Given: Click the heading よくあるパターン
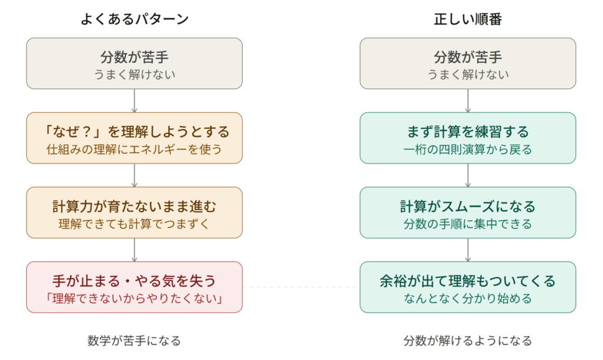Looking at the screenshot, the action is (x=135, y=19).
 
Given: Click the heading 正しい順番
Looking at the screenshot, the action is (x=468, y=19).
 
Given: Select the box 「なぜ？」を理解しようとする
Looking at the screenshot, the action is (x=134, y=138).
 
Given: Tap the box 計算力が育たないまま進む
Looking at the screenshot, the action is (x=134, y=213).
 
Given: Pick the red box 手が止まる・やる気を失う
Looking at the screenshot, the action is (x=134, y=288).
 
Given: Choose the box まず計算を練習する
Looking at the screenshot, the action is (x=468, y=138).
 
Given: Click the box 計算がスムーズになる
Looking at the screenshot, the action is (x=468, y=213).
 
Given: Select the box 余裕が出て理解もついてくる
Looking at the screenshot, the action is (x=468, y=288).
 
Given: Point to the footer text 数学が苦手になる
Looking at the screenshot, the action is (x=134, y=341).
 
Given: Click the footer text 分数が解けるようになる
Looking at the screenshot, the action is (x=468, y=341).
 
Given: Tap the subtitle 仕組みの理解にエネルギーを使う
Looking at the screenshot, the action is (x=134, y=149).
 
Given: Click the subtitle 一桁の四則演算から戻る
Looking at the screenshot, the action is (x=468, y=149).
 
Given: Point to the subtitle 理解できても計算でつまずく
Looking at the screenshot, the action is (x=134, y=224).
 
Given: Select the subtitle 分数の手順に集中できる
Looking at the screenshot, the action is (x=468, y=224).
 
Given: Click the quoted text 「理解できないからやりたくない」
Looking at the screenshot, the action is (x=134, y=299).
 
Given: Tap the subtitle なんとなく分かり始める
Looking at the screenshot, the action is (x=468, y=299).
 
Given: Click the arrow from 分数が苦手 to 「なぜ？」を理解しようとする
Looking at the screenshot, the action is (x=134, y=101).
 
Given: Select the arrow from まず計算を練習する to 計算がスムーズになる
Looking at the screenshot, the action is (x=468, y=176).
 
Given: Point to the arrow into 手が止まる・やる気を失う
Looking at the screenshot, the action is (x=134, y=250).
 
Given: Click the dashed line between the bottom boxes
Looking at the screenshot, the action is (x=301, y=288).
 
